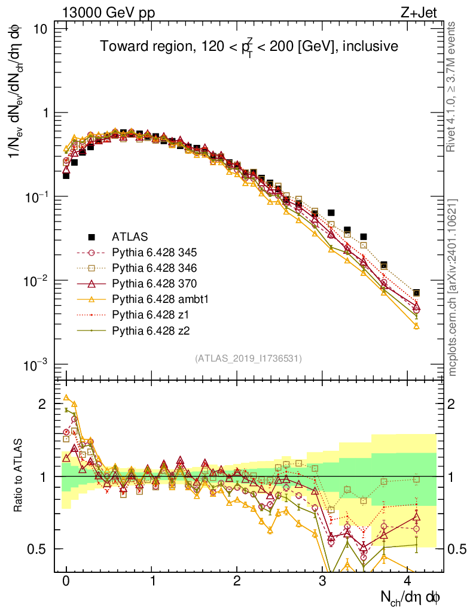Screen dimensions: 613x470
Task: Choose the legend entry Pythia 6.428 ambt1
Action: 158,299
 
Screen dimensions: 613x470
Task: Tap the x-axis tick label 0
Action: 66,582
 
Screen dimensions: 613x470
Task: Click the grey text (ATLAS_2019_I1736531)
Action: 248,359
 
